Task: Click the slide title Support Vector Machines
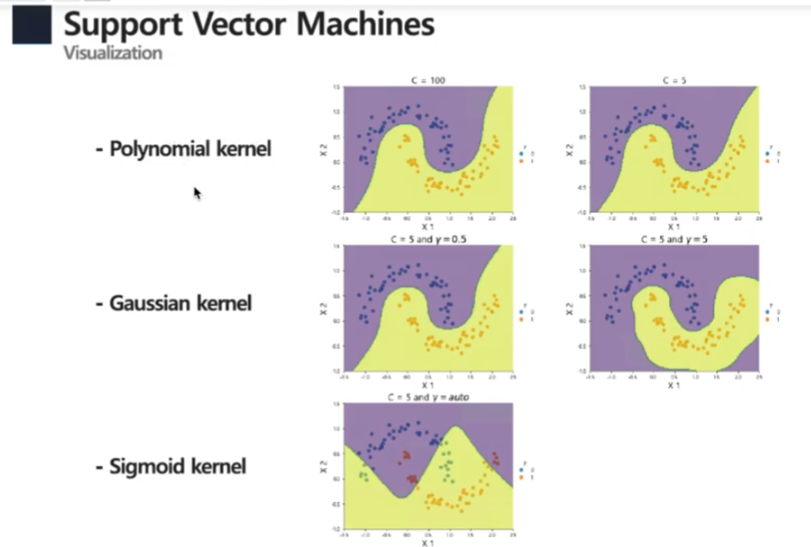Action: [249, 24]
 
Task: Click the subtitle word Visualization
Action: [112, 52]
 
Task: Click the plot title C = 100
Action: [426, 81]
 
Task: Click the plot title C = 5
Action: [674, 81]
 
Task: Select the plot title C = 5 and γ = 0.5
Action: [426, 239]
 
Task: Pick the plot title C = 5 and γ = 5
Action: [674, 239]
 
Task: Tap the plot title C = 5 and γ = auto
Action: [426, 397]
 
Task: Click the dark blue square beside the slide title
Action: [31, 25]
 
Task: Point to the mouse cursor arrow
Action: [196, 192]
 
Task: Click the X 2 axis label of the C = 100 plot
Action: [323, 148]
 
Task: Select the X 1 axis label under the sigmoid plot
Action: [427, 542]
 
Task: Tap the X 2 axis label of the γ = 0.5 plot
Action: [323, 308]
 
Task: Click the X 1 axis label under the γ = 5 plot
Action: [675, 384]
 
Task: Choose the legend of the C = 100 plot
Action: [525, 154]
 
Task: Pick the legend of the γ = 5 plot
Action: [773, 313]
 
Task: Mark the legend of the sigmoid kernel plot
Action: [525, 471]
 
